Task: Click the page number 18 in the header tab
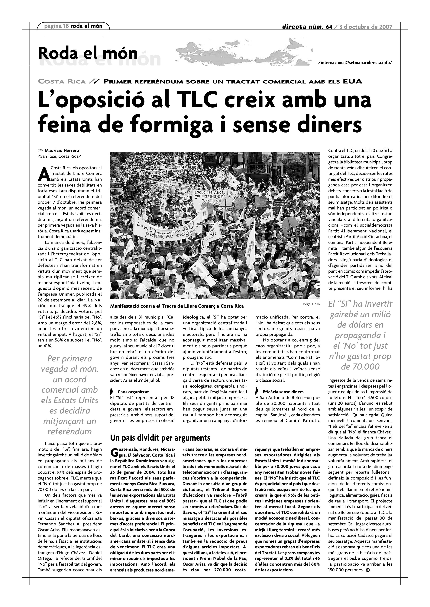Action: (66, 26)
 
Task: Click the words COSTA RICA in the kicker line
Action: (62, 81)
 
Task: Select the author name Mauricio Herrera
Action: (62, 151)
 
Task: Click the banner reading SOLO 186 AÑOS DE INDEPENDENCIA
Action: (211, 194)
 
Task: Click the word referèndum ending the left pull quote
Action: (70, 431)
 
